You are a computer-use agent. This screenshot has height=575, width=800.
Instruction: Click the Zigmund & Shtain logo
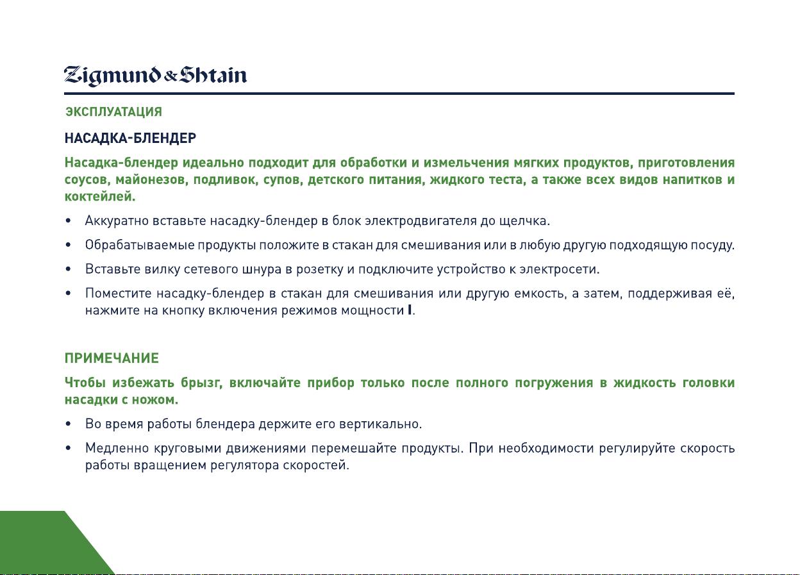tap(155, 76)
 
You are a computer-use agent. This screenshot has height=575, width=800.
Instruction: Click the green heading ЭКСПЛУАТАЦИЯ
tap(113, 112)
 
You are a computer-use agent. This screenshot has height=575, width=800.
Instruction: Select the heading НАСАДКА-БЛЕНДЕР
tap(130, 138)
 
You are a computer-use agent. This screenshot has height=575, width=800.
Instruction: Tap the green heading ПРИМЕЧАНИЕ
tap(112, 358)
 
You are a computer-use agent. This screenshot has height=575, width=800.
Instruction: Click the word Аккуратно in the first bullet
tap(117, 221)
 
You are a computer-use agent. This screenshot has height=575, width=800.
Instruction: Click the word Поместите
tap(119, 293)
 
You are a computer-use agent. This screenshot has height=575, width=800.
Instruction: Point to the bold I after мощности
tap(409, 310)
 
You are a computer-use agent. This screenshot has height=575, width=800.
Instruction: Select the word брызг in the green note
tap(201, 383)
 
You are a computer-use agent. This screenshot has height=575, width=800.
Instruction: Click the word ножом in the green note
tap(154, 399)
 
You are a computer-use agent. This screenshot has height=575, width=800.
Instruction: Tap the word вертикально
tap(380, 424)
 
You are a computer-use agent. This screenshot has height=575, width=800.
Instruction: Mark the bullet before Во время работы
tap(68, 424)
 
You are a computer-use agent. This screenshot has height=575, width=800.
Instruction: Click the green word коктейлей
tap(100, 196)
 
